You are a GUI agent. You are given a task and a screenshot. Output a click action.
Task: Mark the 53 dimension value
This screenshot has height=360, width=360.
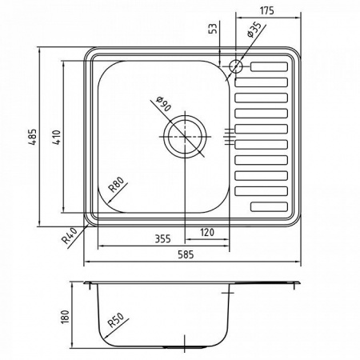(x=213, y=30)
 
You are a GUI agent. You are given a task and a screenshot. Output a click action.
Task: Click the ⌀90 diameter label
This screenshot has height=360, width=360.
(x=162, y=104)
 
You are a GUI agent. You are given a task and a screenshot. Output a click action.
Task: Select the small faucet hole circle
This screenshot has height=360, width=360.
(x=237, y=66)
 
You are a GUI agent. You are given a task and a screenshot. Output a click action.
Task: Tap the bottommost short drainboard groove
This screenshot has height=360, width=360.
(x=269, y=206)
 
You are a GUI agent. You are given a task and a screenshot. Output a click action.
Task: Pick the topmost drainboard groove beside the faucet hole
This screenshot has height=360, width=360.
(x=269, y=67)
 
